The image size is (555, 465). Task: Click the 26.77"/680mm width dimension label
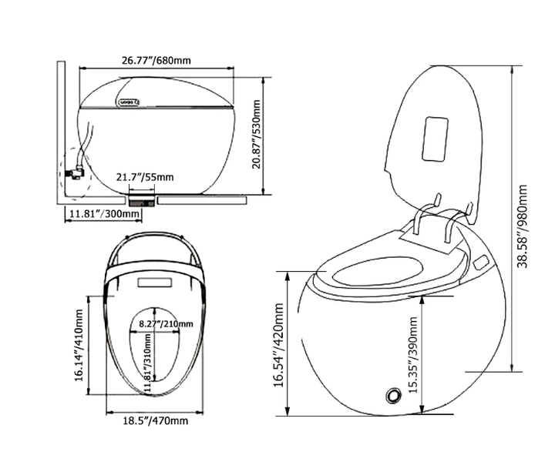point(156,60)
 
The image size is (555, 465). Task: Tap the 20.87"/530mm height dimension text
point(256,135)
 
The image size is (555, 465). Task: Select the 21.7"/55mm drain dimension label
point(145,177)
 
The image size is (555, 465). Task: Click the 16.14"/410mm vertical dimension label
point(79,346)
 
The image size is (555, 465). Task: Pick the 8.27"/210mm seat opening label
point(166,323)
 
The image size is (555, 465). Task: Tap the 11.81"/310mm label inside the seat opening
point(148,363)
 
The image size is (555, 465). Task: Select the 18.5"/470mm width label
point(156,421)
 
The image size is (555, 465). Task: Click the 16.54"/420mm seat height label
point(279,345)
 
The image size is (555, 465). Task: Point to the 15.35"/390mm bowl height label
point(413,355)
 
